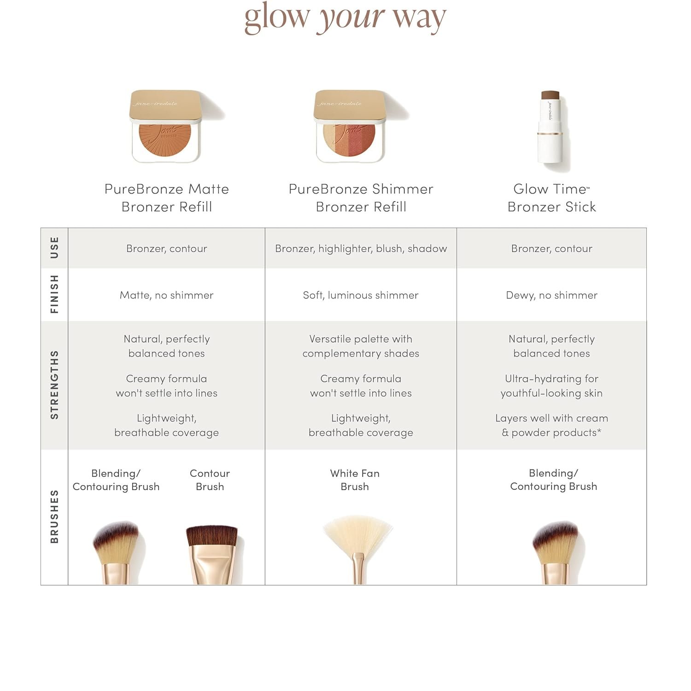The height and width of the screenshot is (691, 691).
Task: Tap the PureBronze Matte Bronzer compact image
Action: tap(166, 126)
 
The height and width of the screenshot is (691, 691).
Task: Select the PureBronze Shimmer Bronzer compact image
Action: tap(351, 126)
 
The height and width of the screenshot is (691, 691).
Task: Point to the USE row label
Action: tap(54, 248)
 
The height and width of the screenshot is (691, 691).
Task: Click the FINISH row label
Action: tap(54, 294)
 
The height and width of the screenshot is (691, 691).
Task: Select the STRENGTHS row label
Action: tap(54, 385)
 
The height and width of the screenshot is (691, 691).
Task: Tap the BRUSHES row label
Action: tap(54, 516)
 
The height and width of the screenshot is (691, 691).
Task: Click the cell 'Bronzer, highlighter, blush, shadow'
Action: tap(361, 249)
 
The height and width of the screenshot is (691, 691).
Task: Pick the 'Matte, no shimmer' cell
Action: tap(166, 295)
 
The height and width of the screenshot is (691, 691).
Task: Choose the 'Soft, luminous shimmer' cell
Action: tap(361, 295)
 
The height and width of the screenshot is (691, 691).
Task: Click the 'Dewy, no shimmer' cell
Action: tap(551, 295)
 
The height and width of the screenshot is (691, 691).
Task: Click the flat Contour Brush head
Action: tap(211, 536)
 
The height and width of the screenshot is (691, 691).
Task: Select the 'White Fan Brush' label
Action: tap(355, 480)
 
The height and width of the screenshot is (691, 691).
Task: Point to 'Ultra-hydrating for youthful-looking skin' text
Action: tap(551, 386)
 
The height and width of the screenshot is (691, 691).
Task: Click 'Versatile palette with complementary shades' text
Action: tap(361, 346)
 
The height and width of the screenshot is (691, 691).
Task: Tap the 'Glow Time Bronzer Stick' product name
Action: tap(551, 198)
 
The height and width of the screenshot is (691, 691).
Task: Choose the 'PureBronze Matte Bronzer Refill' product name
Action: tap(166, 198)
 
